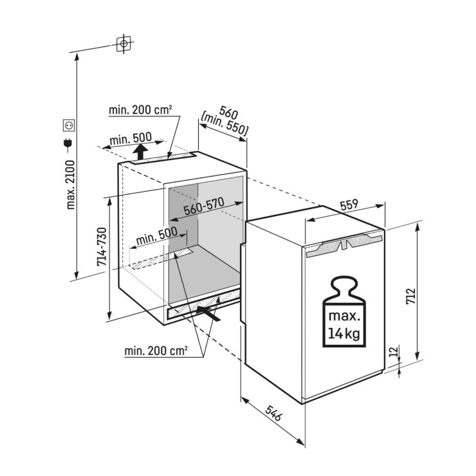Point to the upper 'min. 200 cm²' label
pos(140,111)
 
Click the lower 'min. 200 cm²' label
pos(157,351)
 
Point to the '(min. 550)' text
pos(224,123)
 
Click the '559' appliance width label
pos(349,205)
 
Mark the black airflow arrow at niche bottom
pos(210,313)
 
